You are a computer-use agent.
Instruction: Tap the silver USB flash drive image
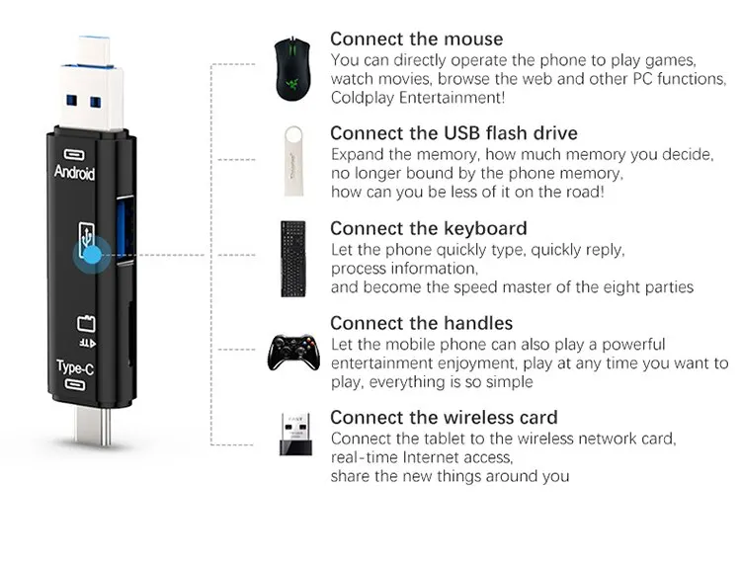[x=293, y=158]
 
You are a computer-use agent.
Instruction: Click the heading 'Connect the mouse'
[x=416, y=40]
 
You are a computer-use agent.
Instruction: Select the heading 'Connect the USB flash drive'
[x=453, y=133]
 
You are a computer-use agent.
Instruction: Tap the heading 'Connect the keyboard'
[x=429, y=228]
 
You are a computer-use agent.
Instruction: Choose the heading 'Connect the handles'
[x=422, y=323]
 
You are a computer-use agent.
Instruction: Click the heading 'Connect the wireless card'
[x=444, y=417]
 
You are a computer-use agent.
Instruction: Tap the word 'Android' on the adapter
[x=75, y=174]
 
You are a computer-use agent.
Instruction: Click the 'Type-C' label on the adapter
[x=75, y=367]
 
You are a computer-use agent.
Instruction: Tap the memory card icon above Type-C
[x=83, y=322]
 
